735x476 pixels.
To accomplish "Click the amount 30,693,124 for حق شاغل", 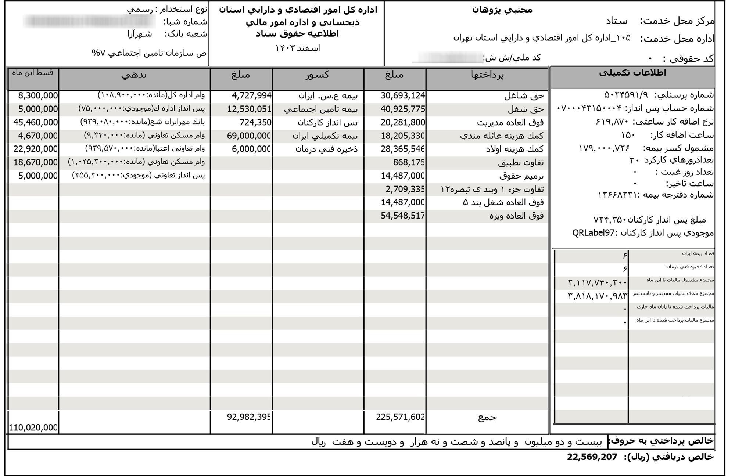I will [403, 96].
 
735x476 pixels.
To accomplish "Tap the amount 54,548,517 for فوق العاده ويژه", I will [403, 216].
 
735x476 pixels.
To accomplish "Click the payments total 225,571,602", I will [400, 417].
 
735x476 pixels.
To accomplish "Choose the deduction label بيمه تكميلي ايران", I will [325, 136].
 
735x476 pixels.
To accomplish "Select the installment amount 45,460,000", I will [36, 122].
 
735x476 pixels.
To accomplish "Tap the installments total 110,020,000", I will [33, 428].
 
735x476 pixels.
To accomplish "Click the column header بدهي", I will [134, 75].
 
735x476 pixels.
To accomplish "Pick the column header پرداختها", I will [487, 75].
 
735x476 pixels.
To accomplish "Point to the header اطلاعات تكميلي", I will [632, 73].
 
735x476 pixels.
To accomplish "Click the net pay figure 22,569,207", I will [592, 457].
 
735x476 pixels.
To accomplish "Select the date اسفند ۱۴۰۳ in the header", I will [298, 48].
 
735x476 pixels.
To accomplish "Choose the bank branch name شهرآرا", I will [140, 34].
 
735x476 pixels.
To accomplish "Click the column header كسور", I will [318, 75].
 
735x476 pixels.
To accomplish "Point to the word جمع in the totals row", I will [487, 417].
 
